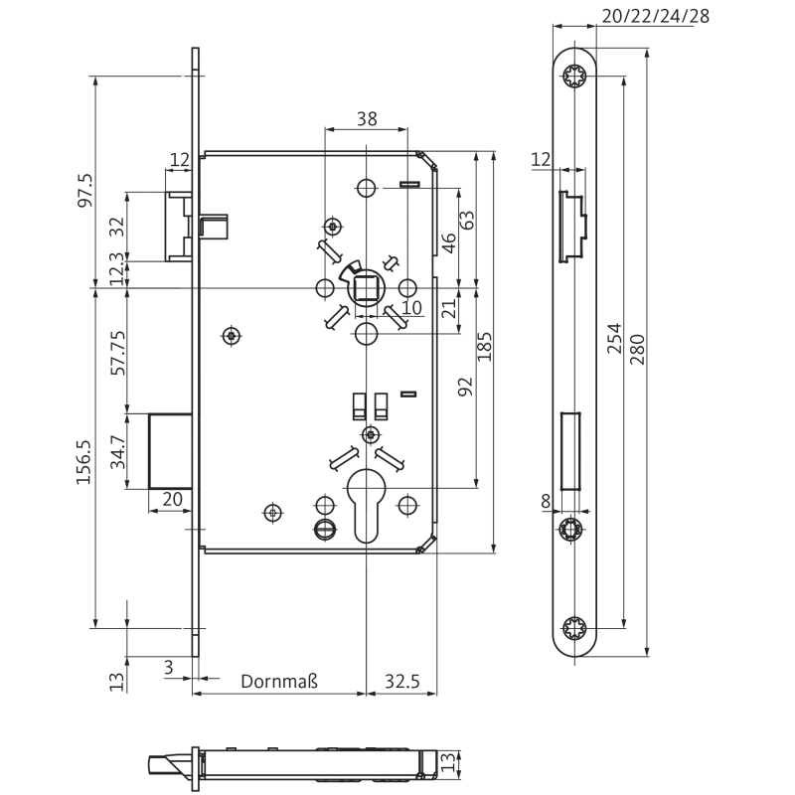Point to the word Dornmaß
pos(280,682)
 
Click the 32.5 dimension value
pos(402,682)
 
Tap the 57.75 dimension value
pos(118,353)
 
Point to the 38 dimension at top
pos(366,119)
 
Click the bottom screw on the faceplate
pos(574,628)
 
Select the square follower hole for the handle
pos(365,289)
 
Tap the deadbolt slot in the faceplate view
pos(570,449)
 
